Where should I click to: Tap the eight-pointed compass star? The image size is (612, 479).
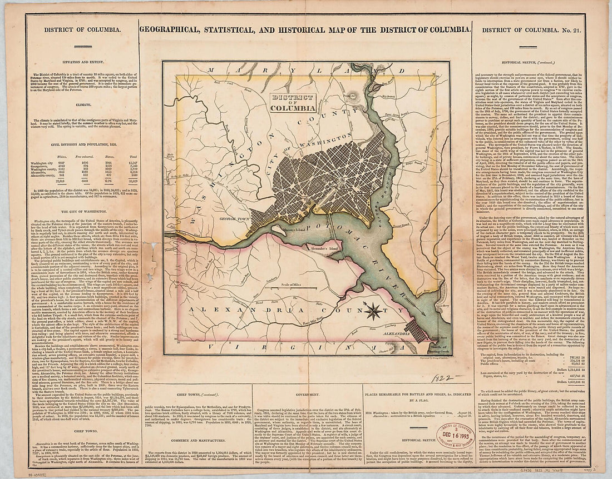pos(373,310)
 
